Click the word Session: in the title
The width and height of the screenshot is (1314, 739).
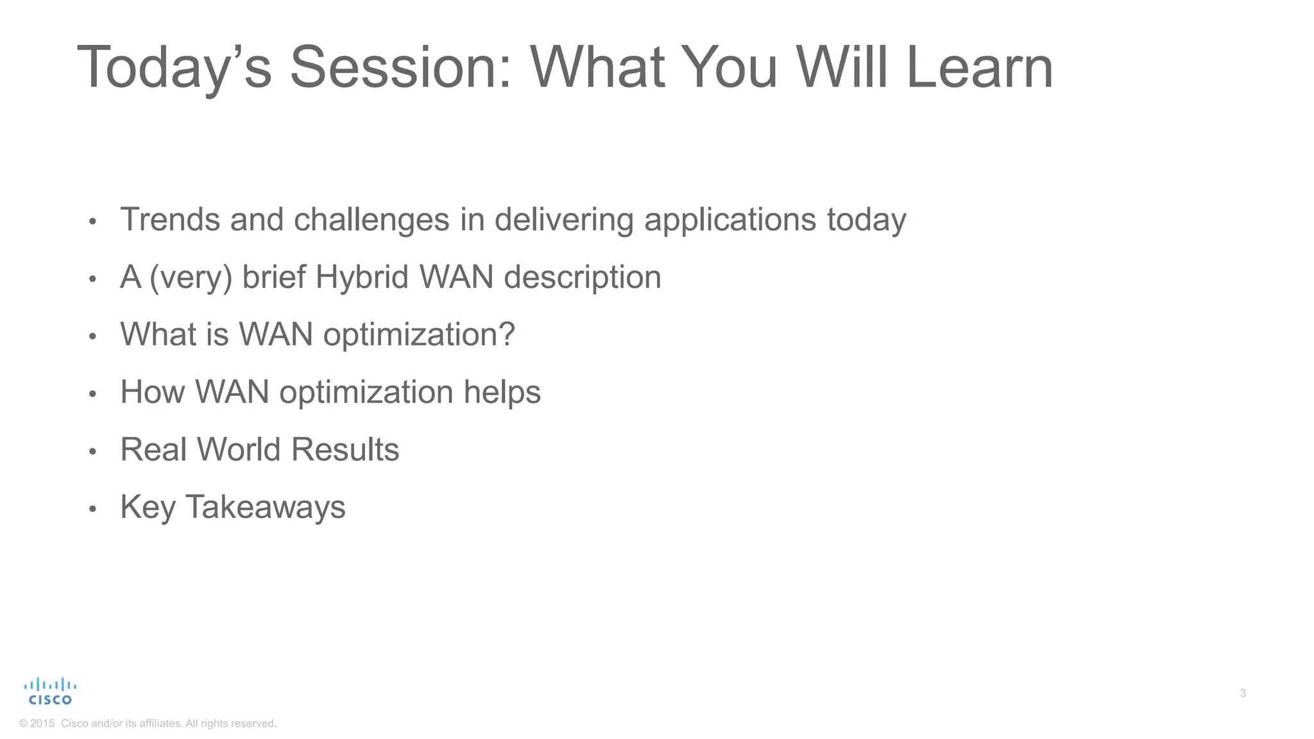pos(401,67)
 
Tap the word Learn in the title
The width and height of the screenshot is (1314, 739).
pos(980,67)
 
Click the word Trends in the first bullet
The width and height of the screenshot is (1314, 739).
pos(170,219)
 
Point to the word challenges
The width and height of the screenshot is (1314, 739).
pos(371,219)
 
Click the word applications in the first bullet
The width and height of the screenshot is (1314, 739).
pos(730,219)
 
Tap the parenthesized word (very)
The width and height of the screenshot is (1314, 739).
pos(191,277)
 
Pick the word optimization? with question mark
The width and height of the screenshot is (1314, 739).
pos(419,334)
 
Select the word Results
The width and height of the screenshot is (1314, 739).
pos(345,449)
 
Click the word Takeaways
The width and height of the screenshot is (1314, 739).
pos(265,507)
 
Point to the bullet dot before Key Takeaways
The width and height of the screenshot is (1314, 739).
pos(92,509)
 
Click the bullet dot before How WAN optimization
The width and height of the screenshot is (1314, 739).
pos(92,394)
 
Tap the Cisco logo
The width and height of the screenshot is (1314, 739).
pos(50,692)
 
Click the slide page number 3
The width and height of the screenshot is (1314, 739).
pos(1243,693)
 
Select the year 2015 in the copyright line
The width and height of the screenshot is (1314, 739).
pos(42,724)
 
